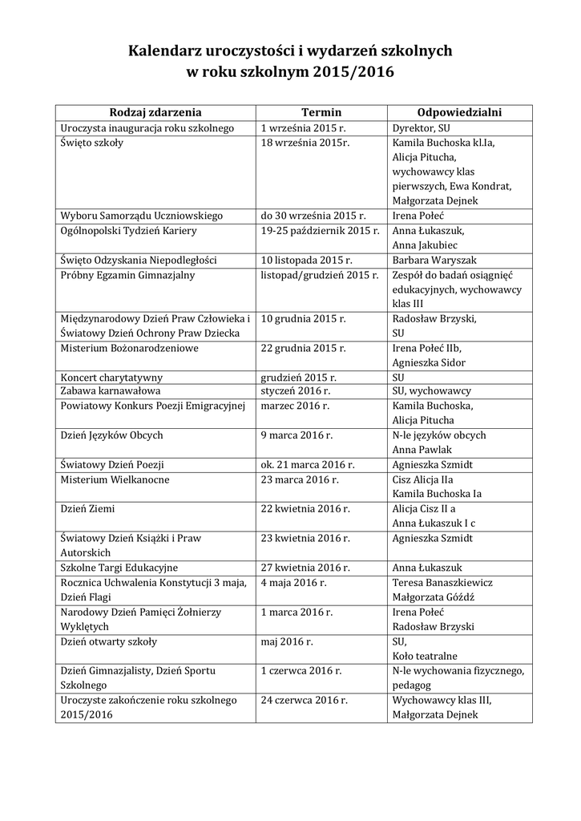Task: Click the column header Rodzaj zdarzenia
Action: [x=155, y=112]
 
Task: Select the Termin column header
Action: [x=321, y=112]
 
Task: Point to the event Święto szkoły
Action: [x=91, y=143]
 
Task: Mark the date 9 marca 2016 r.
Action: [x=297, y=435]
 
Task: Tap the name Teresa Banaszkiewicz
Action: [x=442, y=582]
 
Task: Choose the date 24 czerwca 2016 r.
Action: [x=304, y=700]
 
